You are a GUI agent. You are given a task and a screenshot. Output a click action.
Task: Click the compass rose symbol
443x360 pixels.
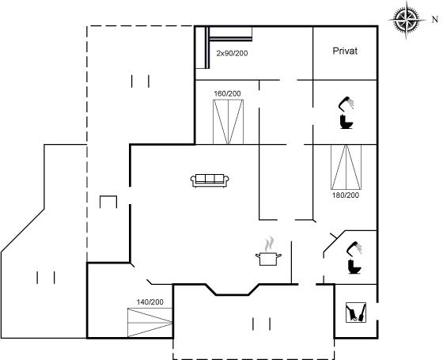(407, 20)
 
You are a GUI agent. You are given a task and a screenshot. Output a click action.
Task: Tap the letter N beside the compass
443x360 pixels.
(435, 20)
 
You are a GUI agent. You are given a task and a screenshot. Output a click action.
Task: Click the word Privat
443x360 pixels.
(345, 51)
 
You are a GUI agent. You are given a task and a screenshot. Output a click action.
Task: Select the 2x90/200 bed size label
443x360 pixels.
(232, 53)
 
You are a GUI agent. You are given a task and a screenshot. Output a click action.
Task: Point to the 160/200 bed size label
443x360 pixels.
(227, 93)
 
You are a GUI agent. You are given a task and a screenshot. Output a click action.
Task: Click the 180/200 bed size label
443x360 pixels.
(346, 195)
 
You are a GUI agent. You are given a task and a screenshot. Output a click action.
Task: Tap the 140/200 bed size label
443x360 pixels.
(150, 302)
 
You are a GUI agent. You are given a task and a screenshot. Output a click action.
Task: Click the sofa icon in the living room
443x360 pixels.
(210, 180)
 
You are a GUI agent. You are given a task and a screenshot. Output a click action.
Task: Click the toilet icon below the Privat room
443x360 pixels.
(346, 122)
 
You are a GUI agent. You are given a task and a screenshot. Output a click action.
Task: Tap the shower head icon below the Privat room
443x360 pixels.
(346, 104)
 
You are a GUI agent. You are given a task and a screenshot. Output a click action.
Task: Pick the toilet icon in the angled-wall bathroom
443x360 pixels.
(354, 267)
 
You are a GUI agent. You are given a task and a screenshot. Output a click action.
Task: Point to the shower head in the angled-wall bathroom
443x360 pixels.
(354, 248)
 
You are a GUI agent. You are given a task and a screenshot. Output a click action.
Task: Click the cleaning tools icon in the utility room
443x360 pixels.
(356, 313)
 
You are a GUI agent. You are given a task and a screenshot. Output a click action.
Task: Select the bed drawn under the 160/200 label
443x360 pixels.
(228, 122)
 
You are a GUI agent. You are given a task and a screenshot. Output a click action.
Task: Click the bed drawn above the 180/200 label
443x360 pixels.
(346, 167)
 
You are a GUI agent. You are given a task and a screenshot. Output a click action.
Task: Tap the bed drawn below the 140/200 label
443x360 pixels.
(150, 323)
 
